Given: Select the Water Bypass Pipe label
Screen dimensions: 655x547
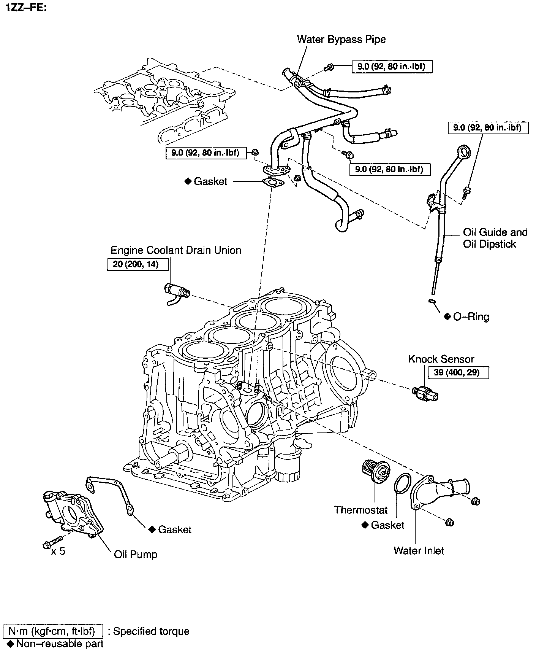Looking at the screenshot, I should pos(341,39).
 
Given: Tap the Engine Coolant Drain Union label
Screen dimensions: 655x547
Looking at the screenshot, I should pos(175,250).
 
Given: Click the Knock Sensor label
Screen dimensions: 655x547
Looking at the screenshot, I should pos(441,359).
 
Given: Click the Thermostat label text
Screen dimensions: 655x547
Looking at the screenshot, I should pos(361,509).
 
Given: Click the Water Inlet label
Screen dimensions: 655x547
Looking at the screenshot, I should pos(419,550).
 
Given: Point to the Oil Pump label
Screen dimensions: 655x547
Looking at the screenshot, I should pos(136,554).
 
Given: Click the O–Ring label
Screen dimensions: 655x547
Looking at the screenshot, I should pos(471,316).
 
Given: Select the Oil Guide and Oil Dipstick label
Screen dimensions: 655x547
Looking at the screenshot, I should pos(495,238).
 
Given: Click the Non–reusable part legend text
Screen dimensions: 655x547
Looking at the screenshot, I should pos(59,644).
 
